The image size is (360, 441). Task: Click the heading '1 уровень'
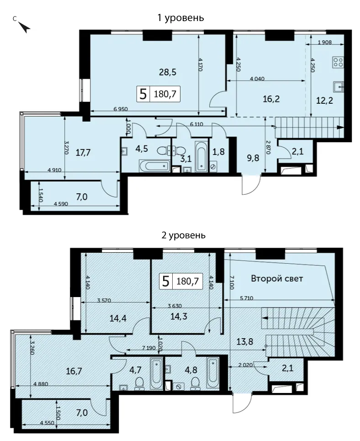180,18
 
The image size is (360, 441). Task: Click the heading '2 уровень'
183,235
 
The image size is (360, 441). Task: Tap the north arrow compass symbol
24,27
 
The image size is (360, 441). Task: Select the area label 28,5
168,72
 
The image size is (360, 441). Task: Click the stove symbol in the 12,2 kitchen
338,62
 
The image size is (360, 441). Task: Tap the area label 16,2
271,99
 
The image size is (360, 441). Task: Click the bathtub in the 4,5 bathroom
154,166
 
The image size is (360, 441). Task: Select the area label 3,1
185,159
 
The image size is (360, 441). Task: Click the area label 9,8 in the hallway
252,158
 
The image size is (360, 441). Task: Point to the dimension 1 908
324,43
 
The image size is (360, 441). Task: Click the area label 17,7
83,153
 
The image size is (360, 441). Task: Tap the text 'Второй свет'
277,278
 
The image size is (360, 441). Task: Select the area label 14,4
118,319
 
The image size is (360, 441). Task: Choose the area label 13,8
245,342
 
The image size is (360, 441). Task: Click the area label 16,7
74,371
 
